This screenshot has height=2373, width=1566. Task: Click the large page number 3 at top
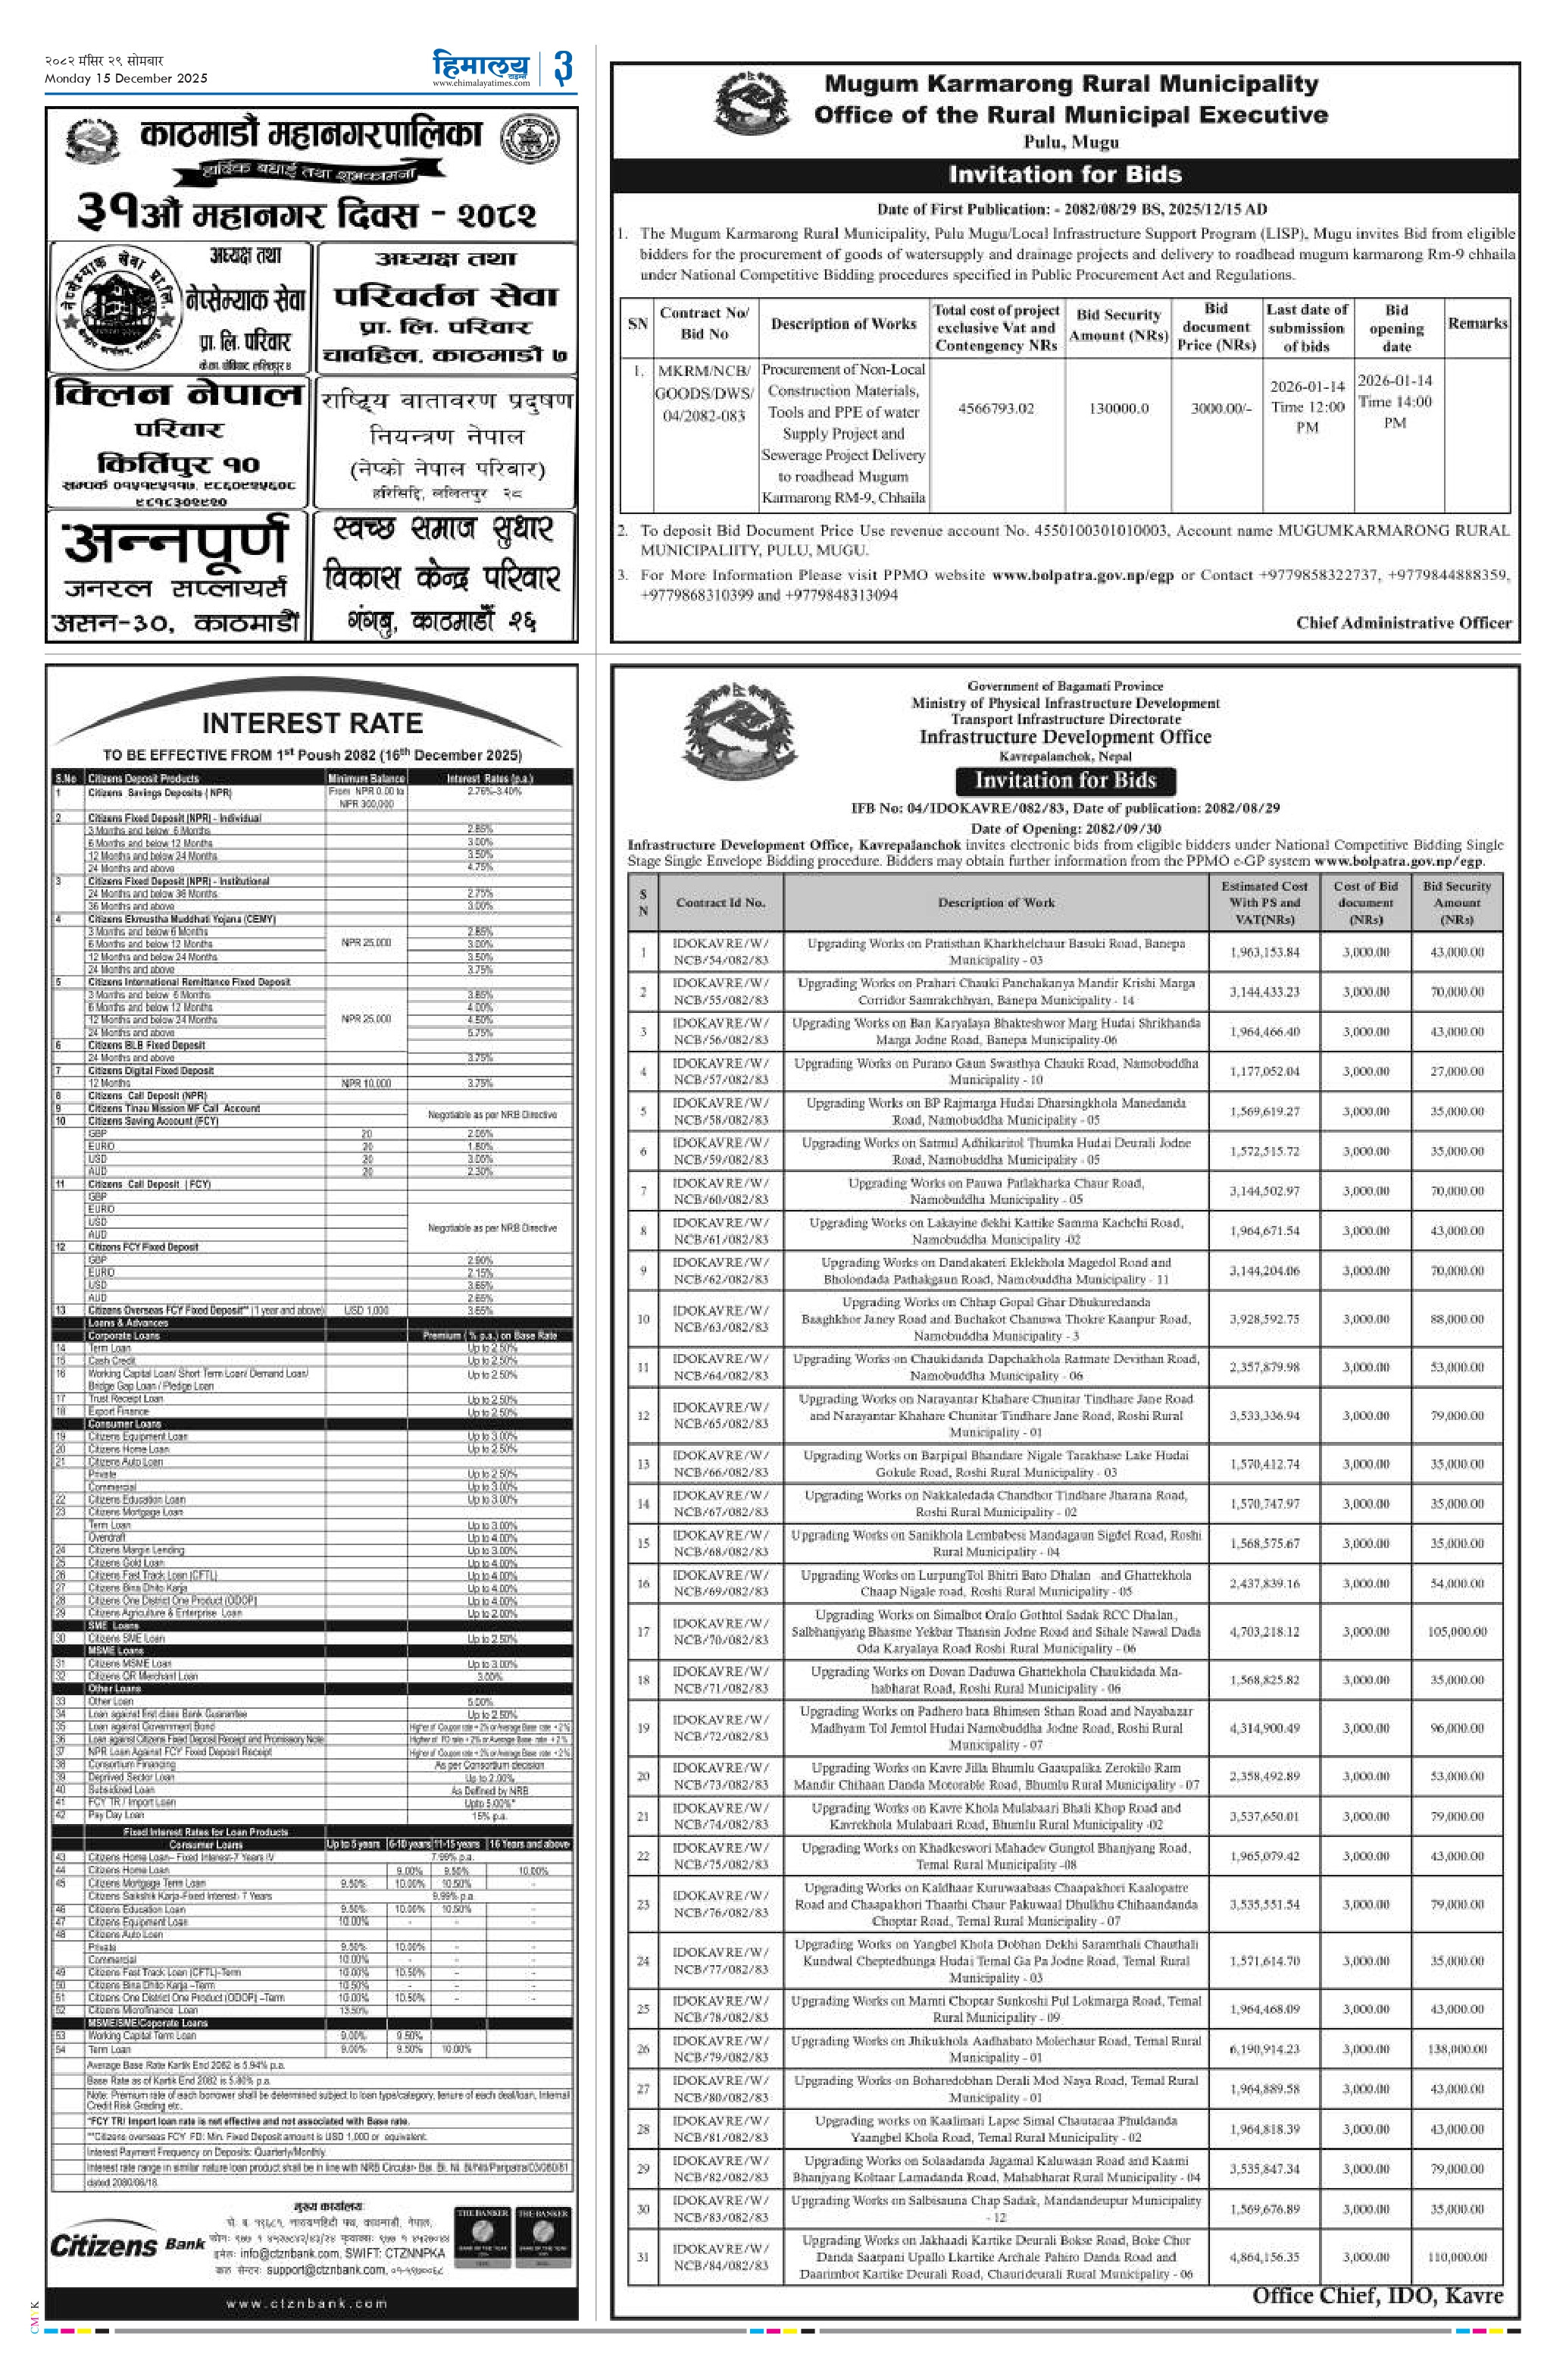tap(562, 68)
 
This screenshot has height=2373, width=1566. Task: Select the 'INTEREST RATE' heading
tap(311, 723)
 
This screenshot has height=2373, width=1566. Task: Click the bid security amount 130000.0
tap(1118, 408)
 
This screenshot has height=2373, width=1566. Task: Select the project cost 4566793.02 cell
tap(996, 408)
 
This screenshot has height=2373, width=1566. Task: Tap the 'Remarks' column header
tap(1477, 324)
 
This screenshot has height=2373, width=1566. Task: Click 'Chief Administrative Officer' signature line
tap(1403, 622)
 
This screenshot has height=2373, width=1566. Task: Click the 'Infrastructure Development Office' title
tap(1064, 738)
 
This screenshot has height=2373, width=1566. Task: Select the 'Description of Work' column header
tap(996, 902)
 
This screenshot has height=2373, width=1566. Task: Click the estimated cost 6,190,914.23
tap(1265, 2049)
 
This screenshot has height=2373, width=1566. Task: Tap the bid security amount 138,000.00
tap(1456, 2049)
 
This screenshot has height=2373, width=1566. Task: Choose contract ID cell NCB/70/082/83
tap(720, 1632)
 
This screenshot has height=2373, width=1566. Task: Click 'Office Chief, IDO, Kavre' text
tap(1377, 2295)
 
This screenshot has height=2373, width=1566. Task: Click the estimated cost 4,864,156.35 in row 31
tap(1265, 2256)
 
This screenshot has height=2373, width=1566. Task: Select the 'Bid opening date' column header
tap(1396, 328)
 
